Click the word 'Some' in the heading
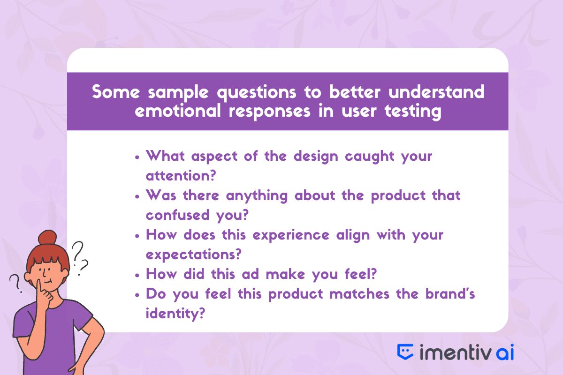[x=115, y=92]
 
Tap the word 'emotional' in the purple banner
[x=178, y=111]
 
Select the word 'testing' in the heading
[x=413, y=112]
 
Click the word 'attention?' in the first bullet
[x=181, y=175]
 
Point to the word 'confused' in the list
[x=177, y=215]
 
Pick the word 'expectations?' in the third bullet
[x=193, y=255]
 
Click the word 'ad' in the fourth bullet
[x=251, y=274]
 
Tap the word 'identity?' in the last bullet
[x=175, y=314]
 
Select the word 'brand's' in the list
[x=450, y=293]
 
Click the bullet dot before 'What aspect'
[x=137, y=157]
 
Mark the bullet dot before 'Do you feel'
[x=137, y=295]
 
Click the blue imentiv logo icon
[x=405, y=352]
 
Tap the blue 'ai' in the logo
[x=505, y=352]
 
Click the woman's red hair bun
[x=47, y=237]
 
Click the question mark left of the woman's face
[x=15, y=283]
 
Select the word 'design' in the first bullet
[x=316, y=157]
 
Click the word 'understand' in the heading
[x=436, y=92]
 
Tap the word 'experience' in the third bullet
[x=291, y=236]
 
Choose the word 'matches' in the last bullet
[x=359, y=293]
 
